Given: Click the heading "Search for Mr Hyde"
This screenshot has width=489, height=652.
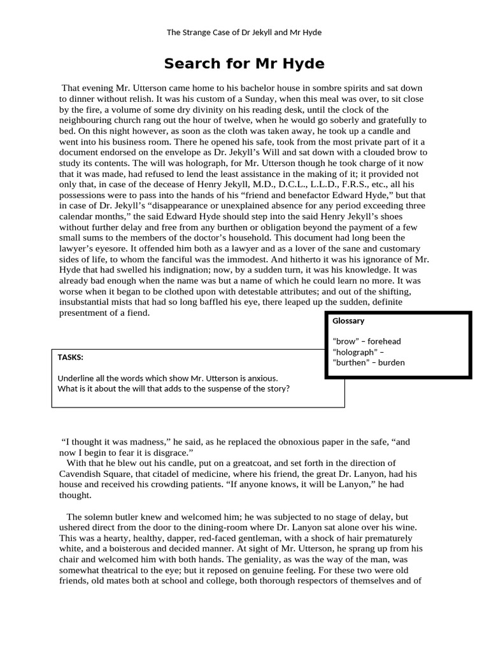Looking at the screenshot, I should [244, 64].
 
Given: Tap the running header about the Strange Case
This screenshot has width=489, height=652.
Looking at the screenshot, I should [244, 32].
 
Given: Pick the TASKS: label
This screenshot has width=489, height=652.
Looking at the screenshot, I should [70, 357].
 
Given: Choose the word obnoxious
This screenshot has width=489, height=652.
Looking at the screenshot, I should [294, 441].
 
